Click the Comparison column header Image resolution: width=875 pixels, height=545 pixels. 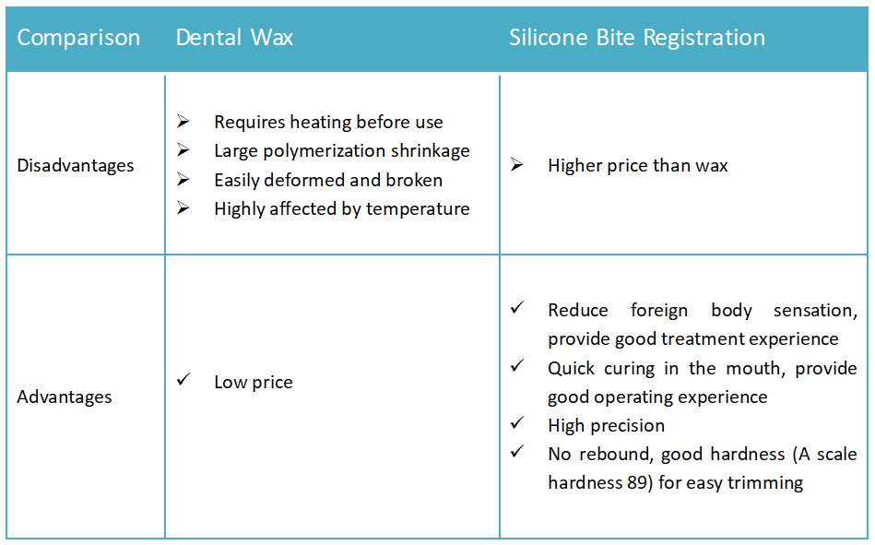[78, 38]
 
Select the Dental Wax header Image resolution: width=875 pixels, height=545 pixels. [234, 38]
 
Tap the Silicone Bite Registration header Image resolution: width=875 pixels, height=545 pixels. [637, 38]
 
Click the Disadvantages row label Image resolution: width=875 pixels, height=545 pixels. [76, 165]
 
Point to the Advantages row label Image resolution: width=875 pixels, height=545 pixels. [65, 397]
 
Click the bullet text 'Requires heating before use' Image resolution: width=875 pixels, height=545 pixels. [328, 122]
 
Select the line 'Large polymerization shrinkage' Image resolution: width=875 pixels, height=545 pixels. [342, 150]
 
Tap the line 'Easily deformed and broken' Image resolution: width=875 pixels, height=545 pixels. [328, 180]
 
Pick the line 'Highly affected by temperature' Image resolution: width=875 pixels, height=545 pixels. [342, 208]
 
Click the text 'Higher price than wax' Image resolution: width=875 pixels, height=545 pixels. [638, 165]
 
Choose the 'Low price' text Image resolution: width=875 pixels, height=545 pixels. [254, 382]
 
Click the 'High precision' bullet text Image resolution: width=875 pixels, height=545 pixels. [606, 425]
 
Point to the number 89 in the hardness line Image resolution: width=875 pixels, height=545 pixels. [637, 482]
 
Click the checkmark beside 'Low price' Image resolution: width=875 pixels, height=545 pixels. [183, 380]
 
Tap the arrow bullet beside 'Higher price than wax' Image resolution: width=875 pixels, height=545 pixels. [516, 164]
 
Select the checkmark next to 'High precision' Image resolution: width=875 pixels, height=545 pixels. [517, 422]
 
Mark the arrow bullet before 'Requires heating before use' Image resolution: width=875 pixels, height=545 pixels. [183, 121]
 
